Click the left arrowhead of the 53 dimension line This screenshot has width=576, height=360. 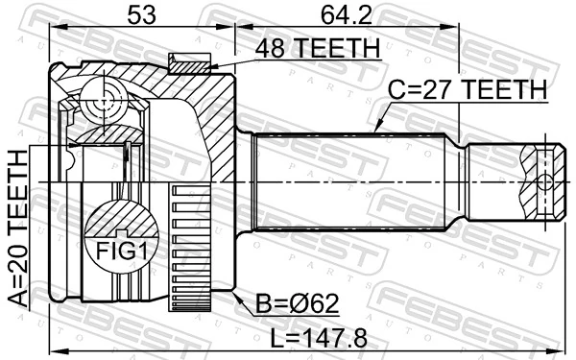[x=52, y=26]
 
